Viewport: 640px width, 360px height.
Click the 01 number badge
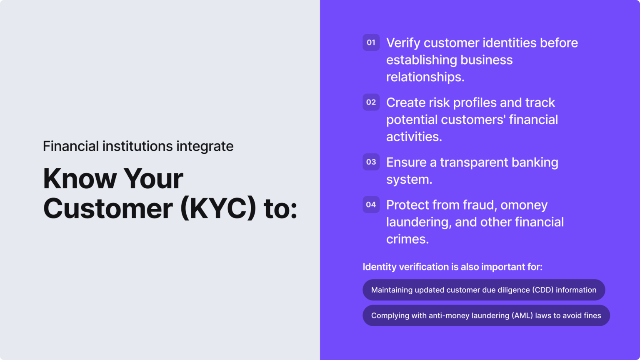pyautogui.click(x=371, y=42)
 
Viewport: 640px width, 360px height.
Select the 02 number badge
pyautogui.click(x=371, y=102)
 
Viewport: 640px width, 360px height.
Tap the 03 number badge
pyautogui.click(x=371, y=162)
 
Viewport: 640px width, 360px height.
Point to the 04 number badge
pyautogui.click(x=371, y=205)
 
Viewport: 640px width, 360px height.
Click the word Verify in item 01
pyautogui.click(x=403, y=43)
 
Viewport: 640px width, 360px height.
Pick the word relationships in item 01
pyautogui.click(x=425, y=77)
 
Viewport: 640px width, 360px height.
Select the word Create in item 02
pyautogui.click(x=406, y=102)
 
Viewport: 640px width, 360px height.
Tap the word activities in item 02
pyautogui.click(x=414, y=137)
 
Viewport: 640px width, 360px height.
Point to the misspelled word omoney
pyautogui.click(x=524, y=205)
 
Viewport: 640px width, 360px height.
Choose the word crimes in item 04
pyautogui.click(x=407, y=239)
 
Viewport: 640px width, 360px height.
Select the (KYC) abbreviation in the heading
pyautogui.click(x=218, y=208)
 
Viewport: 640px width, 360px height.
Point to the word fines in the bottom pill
pyautogui.click(x=592, y=315)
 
